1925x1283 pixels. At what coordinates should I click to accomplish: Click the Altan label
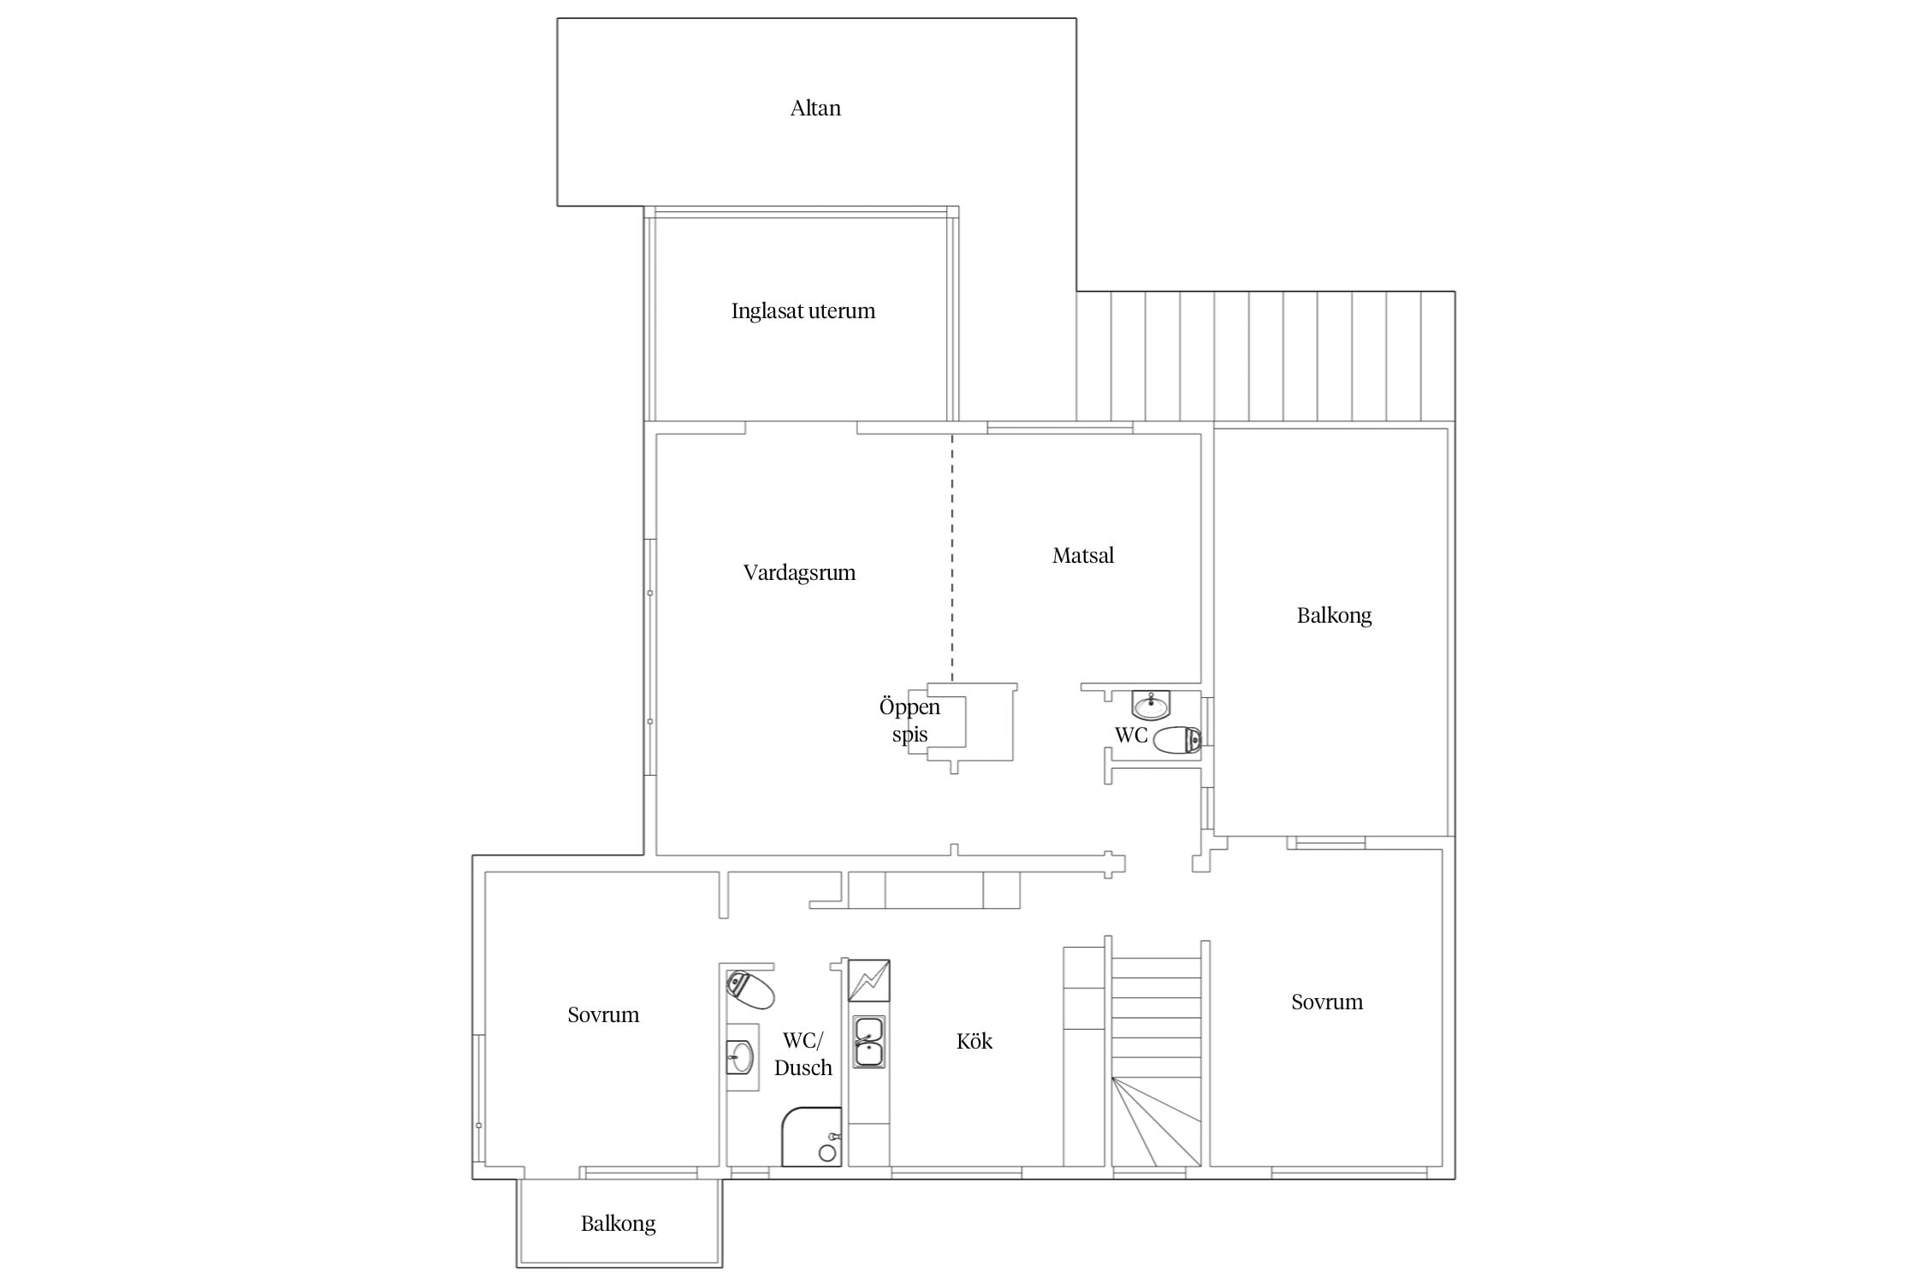(x=815, y=109)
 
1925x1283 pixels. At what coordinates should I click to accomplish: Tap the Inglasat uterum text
(x=803, y=311)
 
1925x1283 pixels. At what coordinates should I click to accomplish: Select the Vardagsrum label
(x=799, y=573)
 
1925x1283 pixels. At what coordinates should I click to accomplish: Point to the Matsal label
(x=1083, y=556)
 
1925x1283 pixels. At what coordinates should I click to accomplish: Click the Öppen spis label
(x=909, y=720)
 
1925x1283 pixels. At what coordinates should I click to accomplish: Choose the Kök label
(x=974, y=1041)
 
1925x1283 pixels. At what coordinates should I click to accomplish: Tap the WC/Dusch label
(x=803, y=1054)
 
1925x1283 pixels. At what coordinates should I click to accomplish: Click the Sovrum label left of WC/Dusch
(x=603, y=1015)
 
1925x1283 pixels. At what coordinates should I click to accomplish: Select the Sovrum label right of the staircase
(x=1327, y=1002)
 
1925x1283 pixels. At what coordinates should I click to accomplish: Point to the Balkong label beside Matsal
(x=1334, y=616)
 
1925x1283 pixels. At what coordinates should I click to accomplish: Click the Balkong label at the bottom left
(x=618, y=1224)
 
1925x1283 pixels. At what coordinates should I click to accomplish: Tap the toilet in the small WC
(x=1177, y=740)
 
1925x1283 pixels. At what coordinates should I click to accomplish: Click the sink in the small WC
(x=1151, y=706)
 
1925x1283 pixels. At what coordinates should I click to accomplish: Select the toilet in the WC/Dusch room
(x=749, y=990)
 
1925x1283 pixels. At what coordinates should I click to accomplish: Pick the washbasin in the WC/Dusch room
(x=741, y=1057)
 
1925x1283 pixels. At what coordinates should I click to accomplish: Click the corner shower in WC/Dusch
(x=811, y=1137)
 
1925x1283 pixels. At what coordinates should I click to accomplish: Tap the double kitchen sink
(x=869, y=1043)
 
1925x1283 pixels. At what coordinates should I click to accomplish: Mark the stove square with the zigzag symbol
(x=868, y=980)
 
